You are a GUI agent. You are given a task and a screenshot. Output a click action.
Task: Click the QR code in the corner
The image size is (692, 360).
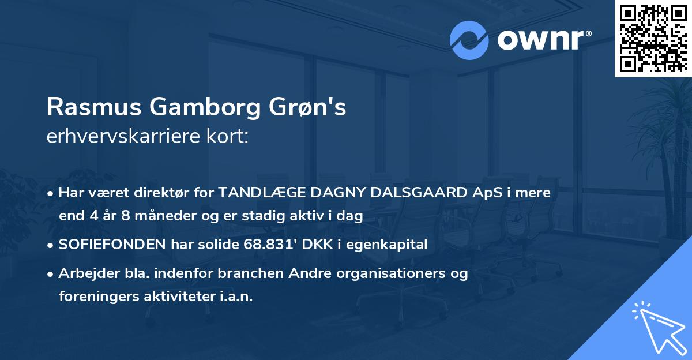tap(653, 38)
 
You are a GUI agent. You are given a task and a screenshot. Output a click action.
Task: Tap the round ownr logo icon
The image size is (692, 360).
tap(469, 40)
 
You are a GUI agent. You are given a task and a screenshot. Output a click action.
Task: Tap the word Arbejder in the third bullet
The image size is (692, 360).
tap(84, 273)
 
